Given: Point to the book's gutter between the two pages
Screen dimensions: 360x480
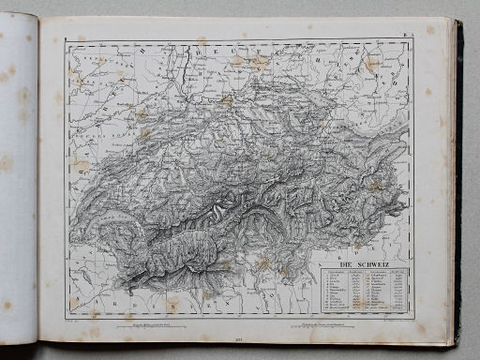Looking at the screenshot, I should pos(38,187).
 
